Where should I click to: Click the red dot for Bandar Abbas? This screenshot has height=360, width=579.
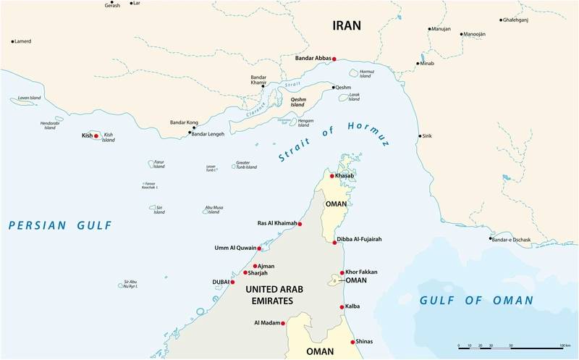click(334, 59)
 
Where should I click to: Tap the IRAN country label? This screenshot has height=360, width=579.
click(346, 25)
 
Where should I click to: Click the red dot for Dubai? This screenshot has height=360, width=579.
click(232, 282)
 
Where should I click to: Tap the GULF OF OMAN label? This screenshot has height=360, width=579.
click(476, 300)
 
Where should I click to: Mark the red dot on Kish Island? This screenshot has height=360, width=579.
click(96, 135)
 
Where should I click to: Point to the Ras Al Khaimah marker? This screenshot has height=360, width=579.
click(300, 224)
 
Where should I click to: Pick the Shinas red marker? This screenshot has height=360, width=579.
click(352, 342)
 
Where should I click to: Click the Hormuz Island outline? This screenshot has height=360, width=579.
click(355, 73)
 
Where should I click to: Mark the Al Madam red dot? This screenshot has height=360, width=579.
click(283, 323)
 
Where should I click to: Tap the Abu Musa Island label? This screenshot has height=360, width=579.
click(214, 210)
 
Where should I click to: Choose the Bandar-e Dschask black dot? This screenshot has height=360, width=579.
click(490, 239)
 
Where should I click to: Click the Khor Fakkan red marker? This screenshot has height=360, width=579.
click(342, 272)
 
